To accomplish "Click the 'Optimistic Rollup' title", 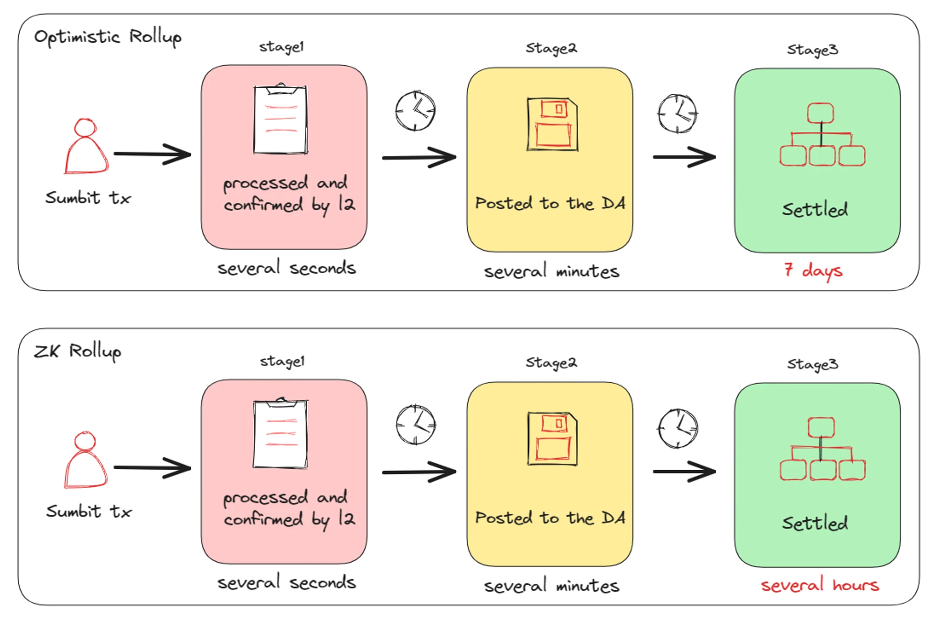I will click(x=107, y=37).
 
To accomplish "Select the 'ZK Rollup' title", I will click(x=78, y=351).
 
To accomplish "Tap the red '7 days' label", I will click(x=813, y=270).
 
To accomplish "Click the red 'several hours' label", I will click(x=820, y=585).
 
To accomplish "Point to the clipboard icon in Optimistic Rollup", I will click(x=280, y=120).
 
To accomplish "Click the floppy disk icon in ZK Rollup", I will click(x=552, y=439).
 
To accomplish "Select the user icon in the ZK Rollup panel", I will click(x=86, y=460).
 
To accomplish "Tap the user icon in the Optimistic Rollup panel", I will click(x=86, y=146).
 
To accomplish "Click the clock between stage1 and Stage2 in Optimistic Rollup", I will click(x=415, y=111).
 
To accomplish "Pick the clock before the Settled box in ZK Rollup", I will click(x=678, y=428).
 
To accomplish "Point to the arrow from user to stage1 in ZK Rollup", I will click(x=152, y=468).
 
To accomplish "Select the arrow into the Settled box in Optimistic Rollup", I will click(x=684, y=157).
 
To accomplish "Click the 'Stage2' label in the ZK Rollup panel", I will click(x=551, y=363).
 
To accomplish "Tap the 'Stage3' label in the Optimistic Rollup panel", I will click(x=812, y=50).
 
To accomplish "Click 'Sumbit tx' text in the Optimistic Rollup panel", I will click(x=88, y=198).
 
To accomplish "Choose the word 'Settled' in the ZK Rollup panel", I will click(x=815, y=523).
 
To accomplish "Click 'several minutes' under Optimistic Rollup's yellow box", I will click(x=552, y=272).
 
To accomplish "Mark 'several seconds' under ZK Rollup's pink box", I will click(x=287, y=583).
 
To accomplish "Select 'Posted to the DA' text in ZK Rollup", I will click(x=550, y=518).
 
